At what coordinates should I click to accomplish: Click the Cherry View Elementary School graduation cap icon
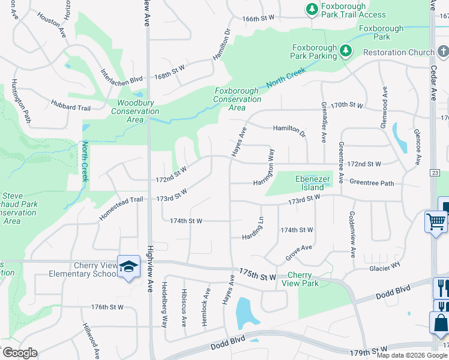(x=128, y=266)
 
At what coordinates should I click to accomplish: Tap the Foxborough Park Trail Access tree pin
(x=312, y=10)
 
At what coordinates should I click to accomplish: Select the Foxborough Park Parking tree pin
(x=345, y=52)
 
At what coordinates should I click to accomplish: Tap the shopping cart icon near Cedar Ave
(x=436, y=222)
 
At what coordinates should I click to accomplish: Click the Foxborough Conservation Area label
(x=237, y=99)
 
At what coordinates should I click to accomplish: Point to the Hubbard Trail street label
(x=70, y=106)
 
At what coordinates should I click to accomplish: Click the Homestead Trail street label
(x=121, y=208)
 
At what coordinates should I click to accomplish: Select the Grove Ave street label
(x=299, y=252)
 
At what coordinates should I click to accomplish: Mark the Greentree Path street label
(x=372, y=182)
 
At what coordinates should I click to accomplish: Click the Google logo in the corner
(x=19, y=353)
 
